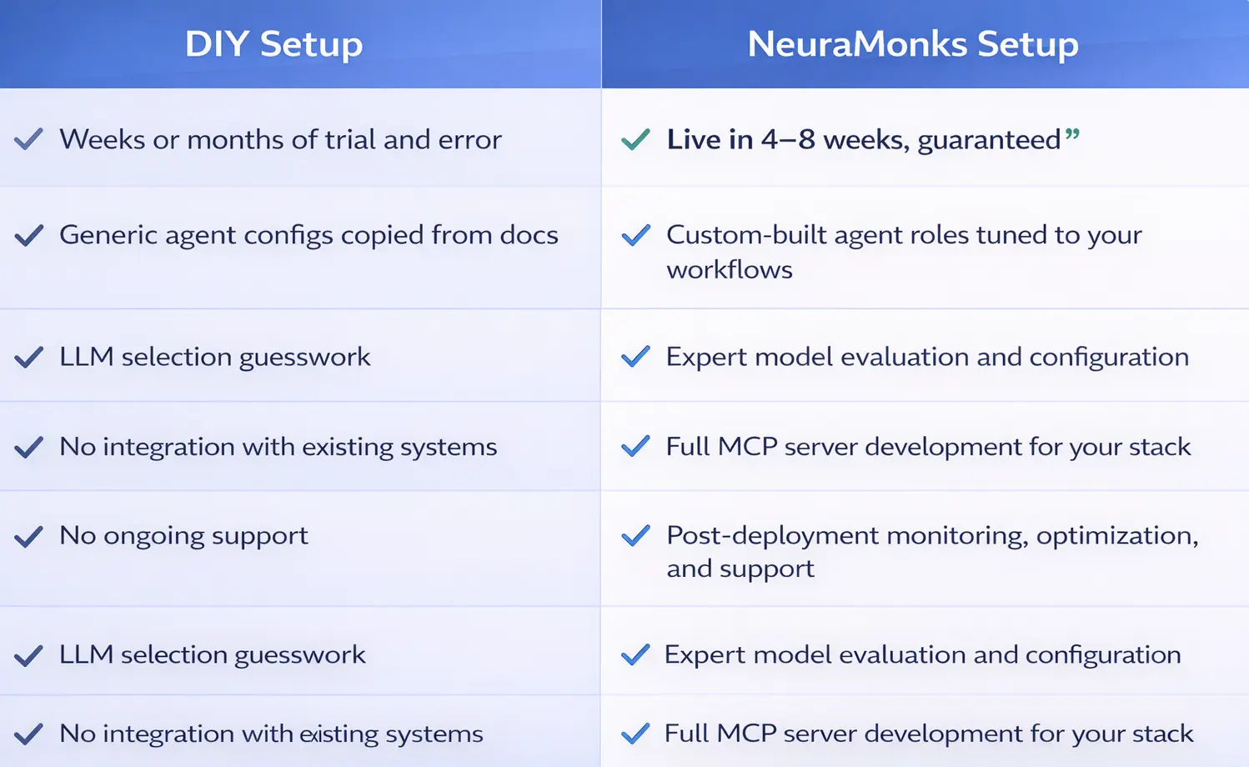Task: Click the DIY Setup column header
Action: (273, 44)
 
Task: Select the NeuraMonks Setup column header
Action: (913, 44)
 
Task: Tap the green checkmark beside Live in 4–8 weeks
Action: (635, 139)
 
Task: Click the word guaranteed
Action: (989, 140)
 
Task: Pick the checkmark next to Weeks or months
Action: (28, 139)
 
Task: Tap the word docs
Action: (529, 235)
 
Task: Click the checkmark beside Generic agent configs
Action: (28, 235)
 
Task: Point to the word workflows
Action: (730, 270)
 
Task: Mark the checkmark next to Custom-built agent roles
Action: (635, 235)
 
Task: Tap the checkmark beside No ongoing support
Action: (28, 536)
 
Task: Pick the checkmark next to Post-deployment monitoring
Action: (635, 535)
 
